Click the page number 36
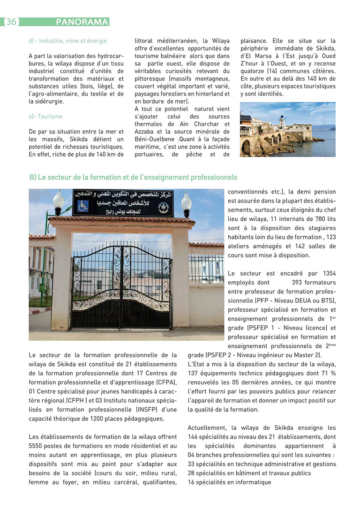(x=11, y=22)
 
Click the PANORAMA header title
(x=82, y=22)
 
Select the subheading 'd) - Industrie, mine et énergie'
(x=67, y=41)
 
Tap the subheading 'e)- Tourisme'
(x=45, y=116)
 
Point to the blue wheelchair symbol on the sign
(x=83, y=206)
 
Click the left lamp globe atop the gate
(x=59, y=201)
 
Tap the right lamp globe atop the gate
(x=186, y=201)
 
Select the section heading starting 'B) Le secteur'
(x=133, y=177)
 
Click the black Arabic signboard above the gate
(x=123, y=203)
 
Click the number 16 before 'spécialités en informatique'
(x=191, y=482)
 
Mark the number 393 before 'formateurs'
(x=297, y=283)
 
